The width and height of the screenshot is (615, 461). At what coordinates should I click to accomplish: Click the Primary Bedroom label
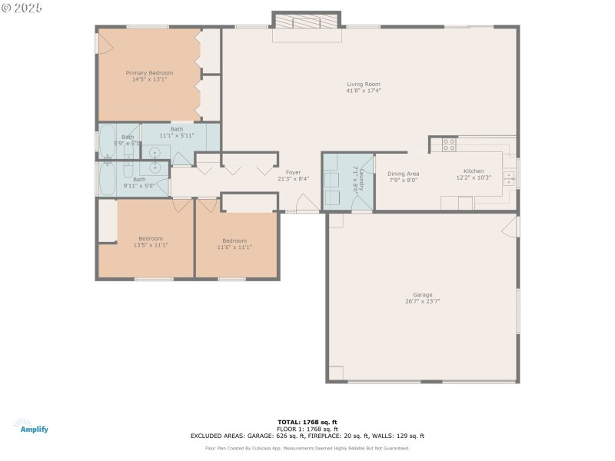(149, 73)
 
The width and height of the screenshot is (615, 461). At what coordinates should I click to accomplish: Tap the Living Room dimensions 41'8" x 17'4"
(364, 91)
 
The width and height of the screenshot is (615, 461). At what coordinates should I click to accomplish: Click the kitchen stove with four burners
(449, 144)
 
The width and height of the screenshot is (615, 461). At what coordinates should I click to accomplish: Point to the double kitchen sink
(509, 179)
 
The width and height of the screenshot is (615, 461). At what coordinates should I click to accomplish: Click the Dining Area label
(403, 174)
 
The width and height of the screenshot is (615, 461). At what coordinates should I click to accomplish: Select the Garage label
(422, 294)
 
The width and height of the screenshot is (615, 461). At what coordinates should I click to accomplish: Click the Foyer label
(293, 172)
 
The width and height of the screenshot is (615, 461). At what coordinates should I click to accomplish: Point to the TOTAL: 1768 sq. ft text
(307, 422)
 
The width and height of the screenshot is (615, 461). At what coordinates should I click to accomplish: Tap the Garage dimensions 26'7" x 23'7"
(422, 301)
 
